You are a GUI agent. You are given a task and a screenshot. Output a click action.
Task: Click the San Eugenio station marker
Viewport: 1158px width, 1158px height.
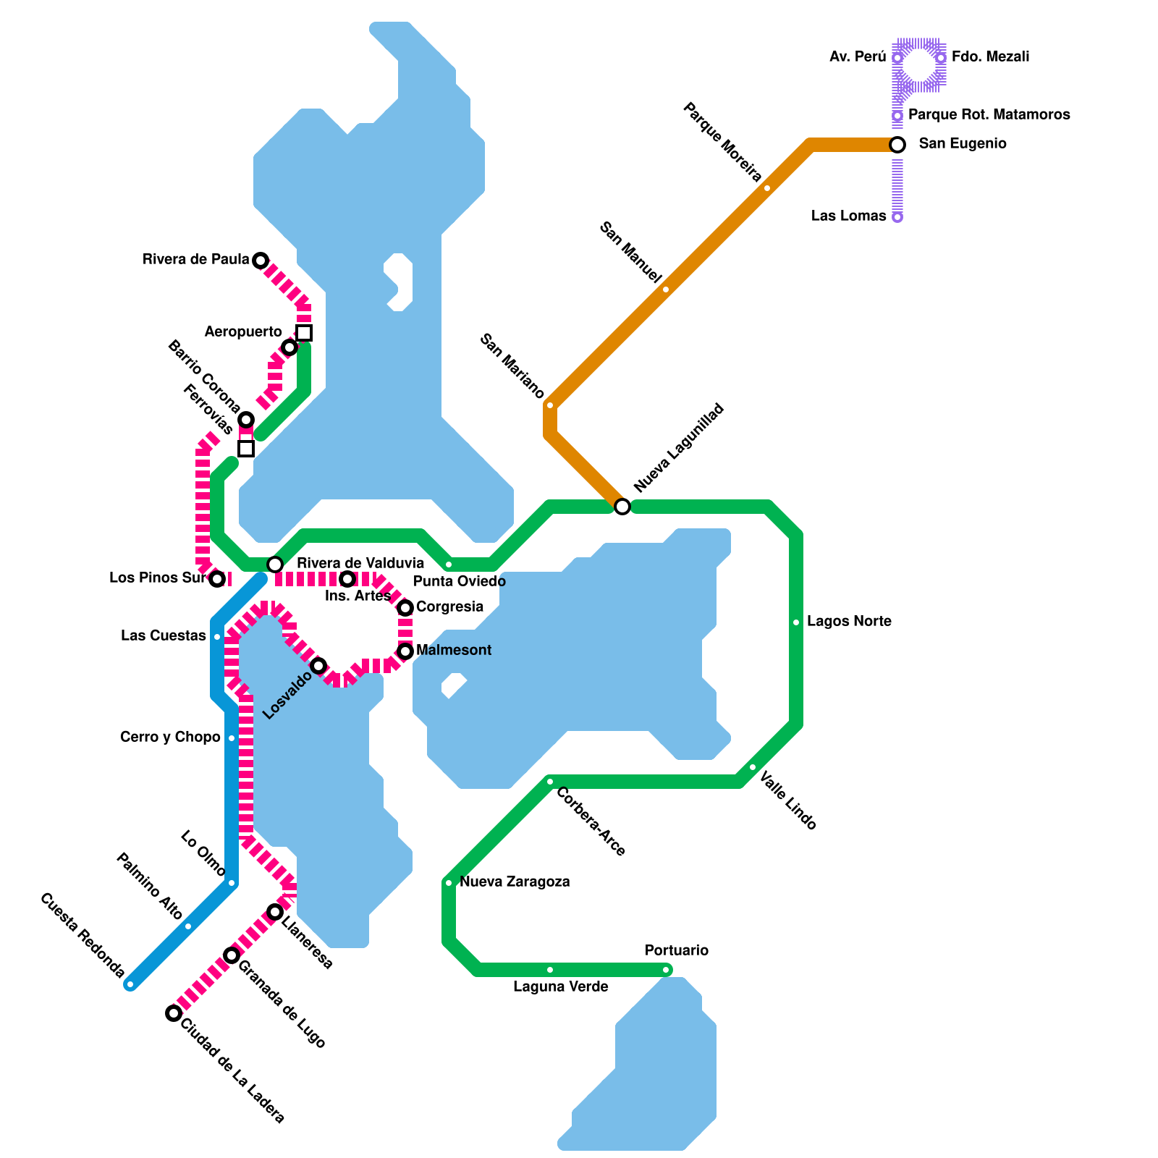tap(897, 145)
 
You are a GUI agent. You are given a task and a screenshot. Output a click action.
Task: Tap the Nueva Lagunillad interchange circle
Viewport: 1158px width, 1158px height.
tap(622, 507)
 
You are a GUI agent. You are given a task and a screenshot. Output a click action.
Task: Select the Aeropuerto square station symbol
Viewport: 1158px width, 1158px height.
tap(304, 333)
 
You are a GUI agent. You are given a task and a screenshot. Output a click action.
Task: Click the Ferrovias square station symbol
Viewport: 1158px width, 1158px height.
tap(246, 449)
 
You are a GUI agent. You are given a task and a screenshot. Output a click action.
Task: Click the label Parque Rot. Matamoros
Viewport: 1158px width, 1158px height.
tap(989, 115)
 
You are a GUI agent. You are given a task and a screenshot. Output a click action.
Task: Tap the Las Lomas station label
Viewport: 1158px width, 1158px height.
tap(848, 216)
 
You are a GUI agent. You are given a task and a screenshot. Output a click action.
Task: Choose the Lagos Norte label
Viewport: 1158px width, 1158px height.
tap(849, 622)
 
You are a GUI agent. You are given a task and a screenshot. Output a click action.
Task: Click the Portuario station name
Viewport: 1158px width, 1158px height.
tap(676, 951)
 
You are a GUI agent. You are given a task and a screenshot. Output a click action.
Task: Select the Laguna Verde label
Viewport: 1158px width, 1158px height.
tap(560, 987)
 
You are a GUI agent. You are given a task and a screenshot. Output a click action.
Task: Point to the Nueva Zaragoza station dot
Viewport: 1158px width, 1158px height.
tap(449, 883)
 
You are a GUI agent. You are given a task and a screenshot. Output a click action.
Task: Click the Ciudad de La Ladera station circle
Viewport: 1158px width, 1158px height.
tap(174, 1013)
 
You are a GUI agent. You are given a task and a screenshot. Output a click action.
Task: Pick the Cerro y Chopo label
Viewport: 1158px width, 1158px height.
tap(170, 738)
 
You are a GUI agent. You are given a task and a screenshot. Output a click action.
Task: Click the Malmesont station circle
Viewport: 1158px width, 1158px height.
tap(405, 651)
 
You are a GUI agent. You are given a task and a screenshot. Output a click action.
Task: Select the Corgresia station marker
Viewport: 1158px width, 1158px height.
tap(405, 608)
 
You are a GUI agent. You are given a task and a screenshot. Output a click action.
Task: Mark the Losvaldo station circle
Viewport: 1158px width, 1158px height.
tap(318, 666)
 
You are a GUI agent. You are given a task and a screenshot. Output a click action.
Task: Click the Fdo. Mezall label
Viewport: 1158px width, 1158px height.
tap(990, 57)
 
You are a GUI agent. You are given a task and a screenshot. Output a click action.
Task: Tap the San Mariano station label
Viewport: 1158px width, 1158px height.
tap(512, 367)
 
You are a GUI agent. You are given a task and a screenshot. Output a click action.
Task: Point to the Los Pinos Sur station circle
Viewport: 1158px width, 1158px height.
tap(217, 579)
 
